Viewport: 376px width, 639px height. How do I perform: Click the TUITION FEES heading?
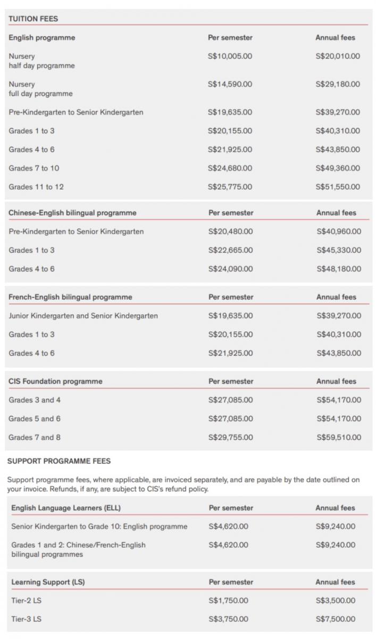pyautogui.click(x=33, y=19)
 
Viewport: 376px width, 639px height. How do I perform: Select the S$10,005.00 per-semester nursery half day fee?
pyautogui.click(x=230, y=56)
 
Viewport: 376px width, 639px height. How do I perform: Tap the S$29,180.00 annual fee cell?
pyautogui.click(x=337, y=84)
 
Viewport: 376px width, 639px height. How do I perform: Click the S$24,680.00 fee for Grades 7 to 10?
pyautogui.click(x=230, y=168)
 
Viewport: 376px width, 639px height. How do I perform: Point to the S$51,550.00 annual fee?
pyautogui.click(x=337, y=187)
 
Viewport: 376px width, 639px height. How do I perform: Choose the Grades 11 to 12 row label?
pyautogui.click(x=36, y=187)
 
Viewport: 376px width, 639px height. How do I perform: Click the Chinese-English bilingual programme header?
pyautogui.click(x=72, y=213)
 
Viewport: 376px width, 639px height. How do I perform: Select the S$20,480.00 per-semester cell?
pyautogui.click(x=230, y=232)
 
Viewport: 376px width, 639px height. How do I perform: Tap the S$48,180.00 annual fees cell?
pyautogui.click(x=338, y=269)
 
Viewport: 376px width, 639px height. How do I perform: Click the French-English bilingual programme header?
pyautogui.click(x=70, y=297)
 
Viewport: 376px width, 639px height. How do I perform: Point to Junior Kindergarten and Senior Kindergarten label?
pyautogui.click(x=83, y=316)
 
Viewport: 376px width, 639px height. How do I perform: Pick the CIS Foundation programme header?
pyautogui.click(x=55, y=381)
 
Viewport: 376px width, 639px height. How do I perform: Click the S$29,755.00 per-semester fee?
pyautogui.click(x=230, y=438)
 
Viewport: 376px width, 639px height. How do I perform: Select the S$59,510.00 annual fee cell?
pyautogui.click(x=338, y=438)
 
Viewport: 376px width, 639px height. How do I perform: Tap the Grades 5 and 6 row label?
pyautogui.click(x=35, y=419)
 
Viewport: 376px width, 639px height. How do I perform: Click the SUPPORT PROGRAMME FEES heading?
pyautogui.click(x=59, y=461)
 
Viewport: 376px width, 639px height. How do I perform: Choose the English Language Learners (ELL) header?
pyautogui.click(x=66, y=508)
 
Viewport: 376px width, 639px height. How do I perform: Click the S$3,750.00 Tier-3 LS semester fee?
pyautogui.click(x=228, y=619)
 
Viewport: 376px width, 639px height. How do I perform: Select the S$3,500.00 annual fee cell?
pyautogui.click(x=336, y=601)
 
